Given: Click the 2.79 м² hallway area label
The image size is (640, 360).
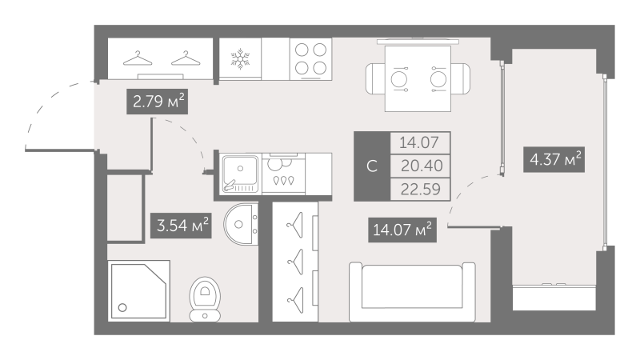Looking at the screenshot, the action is (157, 102).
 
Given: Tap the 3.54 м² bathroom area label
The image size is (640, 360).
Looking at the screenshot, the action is (182, 226).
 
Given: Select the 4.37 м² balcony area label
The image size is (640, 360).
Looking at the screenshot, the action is (554, 159).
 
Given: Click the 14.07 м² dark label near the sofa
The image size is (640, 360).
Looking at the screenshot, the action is (402, 230).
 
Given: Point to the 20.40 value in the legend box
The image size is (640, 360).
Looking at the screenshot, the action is (421, 166).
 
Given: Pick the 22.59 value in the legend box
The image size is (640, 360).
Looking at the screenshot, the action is (421, 190).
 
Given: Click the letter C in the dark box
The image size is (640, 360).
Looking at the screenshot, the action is (372, 166).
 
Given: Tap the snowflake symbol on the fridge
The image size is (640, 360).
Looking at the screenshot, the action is (240, 58).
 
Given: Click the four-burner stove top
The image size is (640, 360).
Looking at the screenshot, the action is (311, 58).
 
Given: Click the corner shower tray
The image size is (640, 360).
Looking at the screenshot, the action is (139, 290).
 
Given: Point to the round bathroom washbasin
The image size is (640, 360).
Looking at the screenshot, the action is (241, 224).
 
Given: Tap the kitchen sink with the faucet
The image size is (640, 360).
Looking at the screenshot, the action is (241, 173).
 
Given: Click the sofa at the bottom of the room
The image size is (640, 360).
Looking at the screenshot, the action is (412, 291).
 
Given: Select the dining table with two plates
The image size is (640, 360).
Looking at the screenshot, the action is (418, 78).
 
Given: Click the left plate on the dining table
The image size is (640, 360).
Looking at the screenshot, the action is (399, 78).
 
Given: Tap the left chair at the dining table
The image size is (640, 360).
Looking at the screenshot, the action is (375, 78).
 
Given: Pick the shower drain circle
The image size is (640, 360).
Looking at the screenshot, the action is (122, 308).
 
